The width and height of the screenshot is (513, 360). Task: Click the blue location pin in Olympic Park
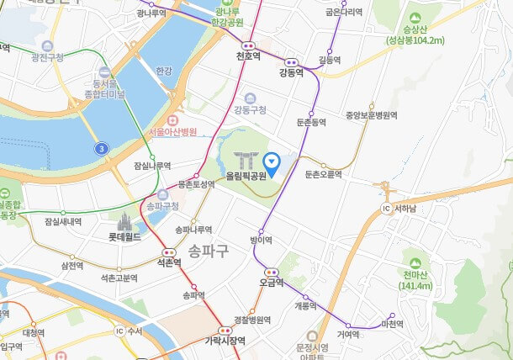[x=272, y=161]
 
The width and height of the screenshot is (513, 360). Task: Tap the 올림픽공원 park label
[x=246, y=177]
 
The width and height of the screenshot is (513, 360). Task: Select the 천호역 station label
[x=248, y=56]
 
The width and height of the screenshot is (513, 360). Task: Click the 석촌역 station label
[x=169, y=262]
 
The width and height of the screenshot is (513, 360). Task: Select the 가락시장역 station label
[x=225, y=341]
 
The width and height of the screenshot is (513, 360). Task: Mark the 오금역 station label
[x=272, y=283]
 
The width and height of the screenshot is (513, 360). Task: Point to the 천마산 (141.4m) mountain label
[x=416, y=280]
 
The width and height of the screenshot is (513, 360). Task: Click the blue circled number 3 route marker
[x=101, y=149]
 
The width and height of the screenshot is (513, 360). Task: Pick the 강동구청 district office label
[x=250, y=109]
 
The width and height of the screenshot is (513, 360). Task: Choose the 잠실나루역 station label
[x=152, y=166]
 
